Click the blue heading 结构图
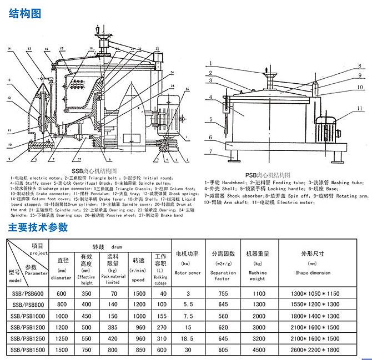click(26, 14)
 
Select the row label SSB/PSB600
click(28, 293)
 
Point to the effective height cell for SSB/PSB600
click(86, 293)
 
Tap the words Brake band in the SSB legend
click(173, 214)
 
